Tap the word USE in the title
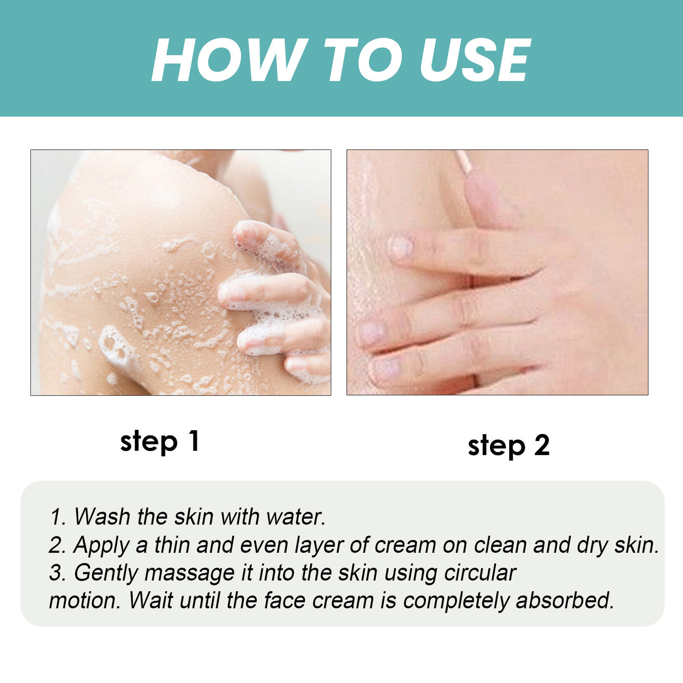tap(475, 60)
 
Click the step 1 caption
tap(160, 442)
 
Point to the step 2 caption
tap(508, 445)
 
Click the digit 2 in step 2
tap(542, 445)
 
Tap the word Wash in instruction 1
tap(102, 517)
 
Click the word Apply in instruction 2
tap(101, 545)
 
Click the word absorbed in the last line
tap(564, 601)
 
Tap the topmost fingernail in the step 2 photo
tap(402, 247)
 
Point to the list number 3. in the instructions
tap(58, 573)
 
